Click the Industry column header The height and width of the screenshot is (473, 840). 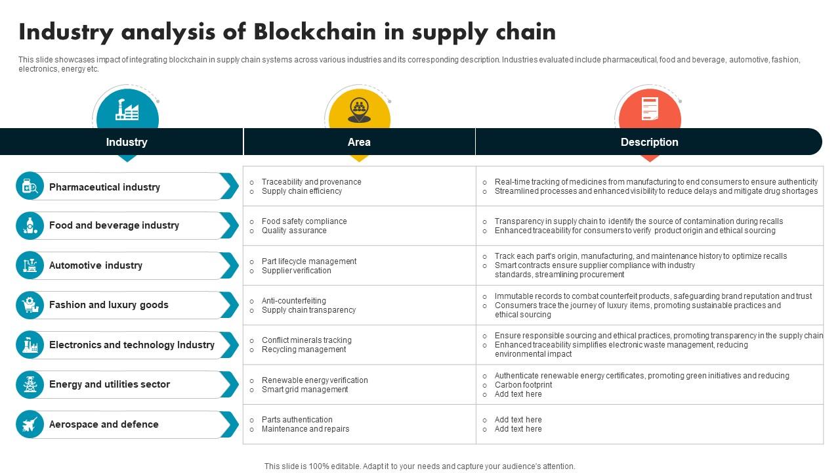tap(127, 142)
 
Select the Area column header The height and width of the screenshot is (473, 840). tap(359, 142)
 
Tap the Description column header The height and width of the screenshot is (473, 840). tap(649, 142)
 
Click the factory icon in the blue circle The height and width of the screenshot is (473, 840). tap(127, 110)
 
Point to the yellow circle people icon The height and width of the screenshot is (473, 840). tap(359, 110)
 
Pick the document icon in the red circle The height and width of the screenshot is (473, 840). tap(649, 109)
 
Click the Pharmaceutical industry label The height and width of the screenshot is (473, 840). tap(104, 187)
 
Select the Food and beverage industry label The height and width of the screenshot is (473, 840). tap(114, 225)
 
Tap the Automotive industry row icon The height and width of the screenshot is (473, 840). tap(30, 265)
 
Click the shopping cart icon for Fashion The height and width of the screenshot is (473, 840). tap(30, 305)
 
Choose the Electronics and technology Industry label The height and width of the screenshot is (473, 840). tap(131, 345)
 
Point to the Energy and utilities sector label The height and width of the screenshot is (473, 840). tap(109, 384)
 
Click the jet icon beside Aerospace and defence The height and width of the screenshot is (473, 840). tap(30, 424)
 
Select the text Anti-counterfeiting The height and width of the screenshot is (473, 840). tap(293, 301)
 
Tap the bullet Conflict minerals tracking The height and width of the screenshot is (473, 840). tap(306, 340)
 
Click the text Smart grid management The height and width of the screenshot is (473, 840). tap(304, 390)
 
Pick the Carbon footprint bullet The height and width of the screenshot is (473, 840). tap(523, 385)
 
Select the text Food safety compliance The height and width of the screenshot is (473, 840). tap(304, 221)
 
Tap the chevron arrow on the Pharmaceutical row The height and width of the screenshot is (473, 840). tap(229, 187)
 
